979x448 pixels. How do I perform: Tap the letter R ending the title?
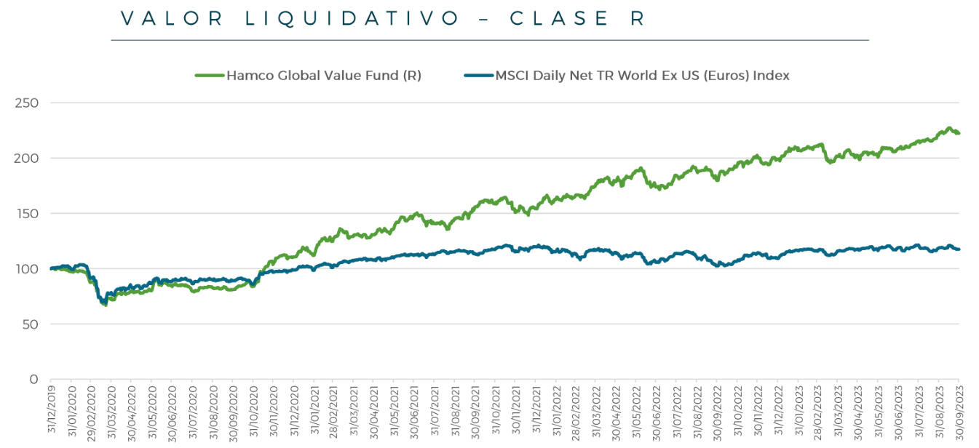point(638,19)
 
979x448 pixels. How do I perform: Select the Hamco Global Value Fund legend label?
point(324,75)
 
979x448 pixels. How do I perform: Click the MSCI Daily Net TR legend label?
point(642,75)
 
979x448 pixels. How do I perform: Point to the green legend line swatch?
point(209,75)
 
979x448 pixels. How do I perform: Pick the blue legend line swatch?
point(478,75)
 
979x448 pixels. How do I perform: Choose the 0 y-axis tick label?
point(33,379)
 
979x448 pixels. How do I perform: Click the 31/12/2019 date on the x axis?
point(51,411)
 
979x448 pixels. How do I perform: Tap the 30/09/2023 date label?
point(959,411)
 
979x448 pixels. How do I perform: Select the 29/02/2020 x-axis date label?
point(90,411)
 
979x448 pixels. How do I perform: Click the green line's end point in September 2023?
point(959,133)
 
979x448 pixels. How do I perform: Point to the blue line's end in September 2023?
point(959,249)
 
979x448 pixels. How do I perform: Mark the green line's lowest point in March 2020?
point(106,305)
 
